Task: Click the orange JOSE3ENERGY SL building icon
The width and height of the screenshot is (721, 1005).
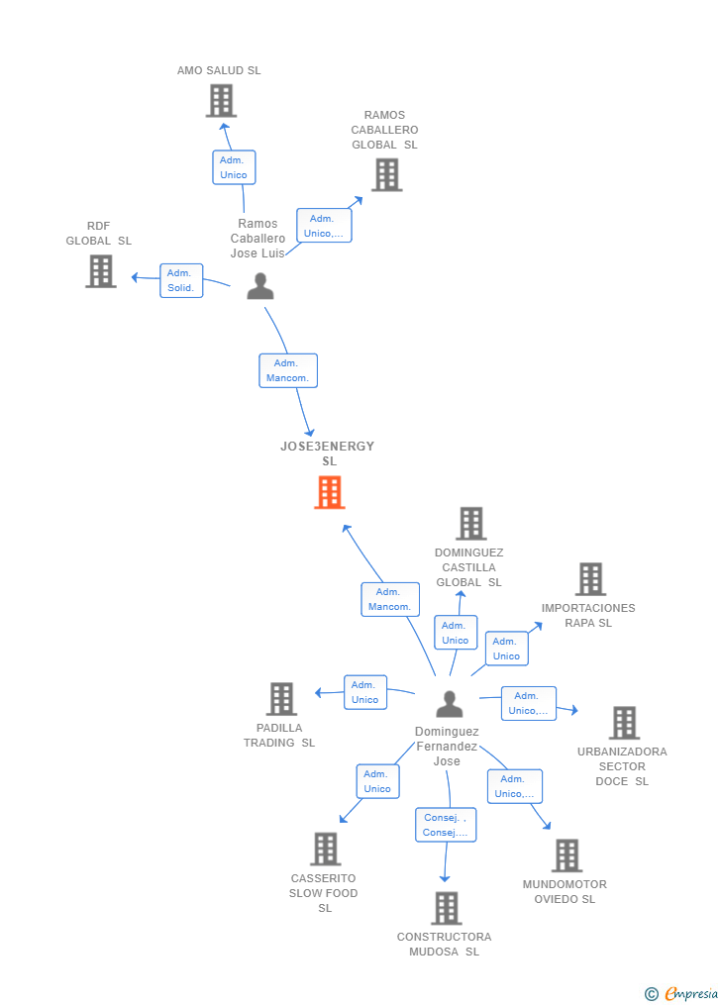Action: pos(330,492)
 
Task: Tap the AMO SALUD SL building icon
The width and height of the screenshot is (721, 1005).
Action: pos(221,101)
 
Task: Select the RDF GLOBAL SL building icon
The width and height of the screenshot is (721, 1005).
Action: pos(101,271)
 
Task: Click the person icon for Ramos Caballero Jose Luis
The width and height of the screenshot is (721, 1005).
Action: pos(260,286)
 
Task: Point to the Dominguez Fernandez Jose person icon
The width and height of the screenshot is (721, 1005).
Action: pos(450,704)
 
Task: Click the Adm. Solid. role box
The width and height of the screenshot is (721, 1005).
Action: pos(181,281)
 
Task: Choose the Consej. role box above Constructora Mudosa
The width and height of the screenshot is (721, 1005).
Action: pos(446,825)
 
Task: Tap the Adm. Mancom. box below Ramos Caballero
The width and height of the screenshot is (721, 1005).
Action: pos(288,370)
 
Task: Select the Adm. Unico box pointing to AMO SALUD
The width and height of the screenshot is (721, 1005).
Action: pos(234,167)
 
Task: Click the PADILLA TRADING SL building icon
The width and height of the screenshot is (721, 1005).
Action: pos(281,699)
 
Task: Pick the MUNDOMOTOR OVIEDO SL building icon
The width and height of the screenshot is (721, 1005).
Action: pos(567,855)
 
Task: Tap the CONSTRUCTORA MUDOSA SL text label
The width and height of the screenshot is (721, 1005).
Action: pos(444,945)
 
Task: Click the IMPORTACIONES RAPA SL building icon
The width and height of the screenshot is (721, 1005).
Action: pos(590,579)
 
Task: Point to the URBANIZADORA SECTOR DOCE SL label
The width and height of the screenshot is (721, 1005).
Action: pos(622,766)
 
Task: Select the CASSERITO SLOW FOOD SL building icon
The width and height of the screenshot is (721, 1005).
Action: pos(326,849)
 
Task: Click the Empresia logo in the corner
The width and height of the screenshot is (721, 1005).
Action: pos(681,993)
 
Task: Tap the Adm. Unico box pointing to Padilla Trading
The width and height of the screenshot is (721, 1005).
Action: pos(365,692)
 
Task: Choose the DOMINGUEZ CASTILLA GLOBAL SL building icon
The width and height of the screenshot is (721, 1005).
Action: pos(471,523)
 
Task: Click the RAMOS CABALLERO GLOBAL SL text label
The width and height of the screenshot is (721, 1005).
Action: pos(384,130)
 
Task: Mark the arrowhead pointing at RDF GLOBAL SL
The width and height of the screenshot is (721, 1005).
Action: pos(135,277)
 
